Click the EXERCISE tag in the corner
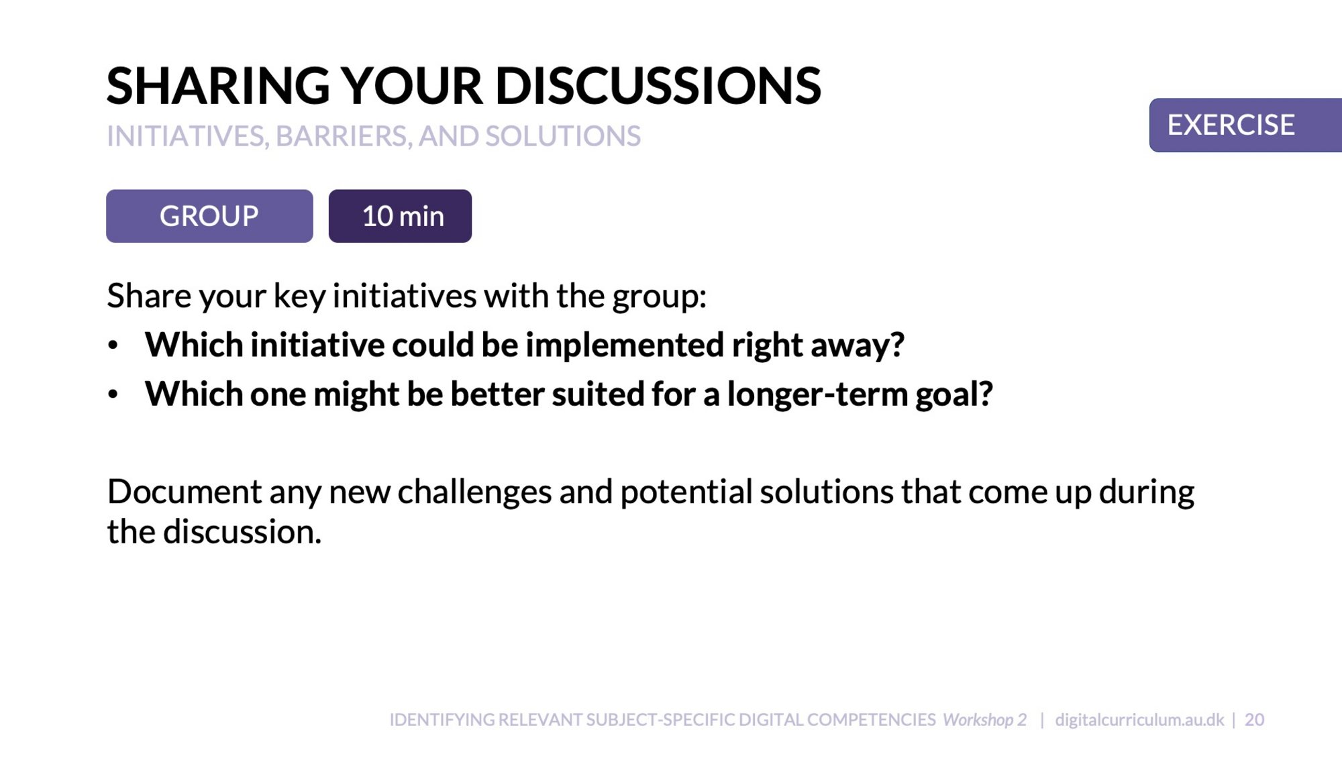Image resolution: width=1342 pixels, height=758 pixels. click(x=1245, y=125)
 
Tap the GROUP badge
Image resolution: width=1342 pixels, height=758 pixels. click(x=209, y=216)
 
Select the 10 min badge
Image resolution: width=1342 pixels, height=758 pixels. click(x=400, y=216)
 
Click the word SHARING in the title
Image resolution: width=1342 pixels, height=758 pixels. click(x=218, y=86)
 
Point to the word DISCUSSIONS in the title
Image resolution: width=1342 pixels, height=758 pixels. click(x=658, y=86)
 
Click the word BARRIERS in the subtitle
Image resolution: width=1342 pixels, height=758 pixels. click(x=342, y=137)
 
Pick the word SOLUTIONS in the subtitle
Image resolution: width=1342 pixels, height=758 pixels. click(x=563, y=136)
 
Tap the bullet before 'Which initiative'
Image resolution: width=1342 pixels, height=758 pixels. click(x=113, y=345)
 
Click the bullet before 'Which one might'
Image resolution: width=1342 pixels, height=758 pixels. click(x=113, y=394)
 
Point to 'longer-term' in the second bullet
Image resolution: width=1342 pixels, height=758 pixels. click(x=817, y=394)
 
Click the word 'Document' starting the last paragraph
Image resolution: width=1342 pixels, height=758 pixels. click(x=184, y=492)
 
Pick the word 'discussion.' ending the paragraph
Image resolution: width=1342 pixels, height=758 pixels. click(x=242, y=532)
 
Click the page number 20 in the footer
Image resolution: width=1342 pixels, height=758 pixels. click(x=1254, y=720)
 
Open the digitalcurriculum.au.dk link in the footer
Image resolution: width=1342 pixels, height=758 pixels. click(x=1139, y=720)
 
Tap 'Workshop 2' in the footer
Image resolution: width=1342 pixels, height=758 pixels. click(x=984, y=720)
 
